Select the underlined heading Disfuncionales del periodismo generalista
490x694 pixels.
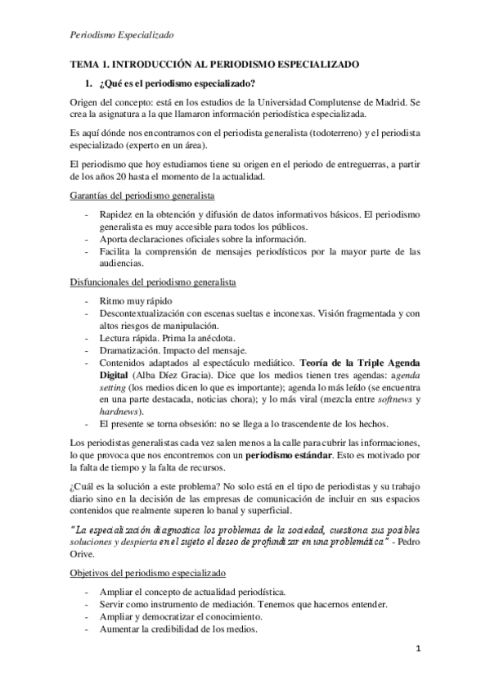pos(153,282)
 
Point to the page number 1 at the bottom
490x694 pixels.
pos(417,673)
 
